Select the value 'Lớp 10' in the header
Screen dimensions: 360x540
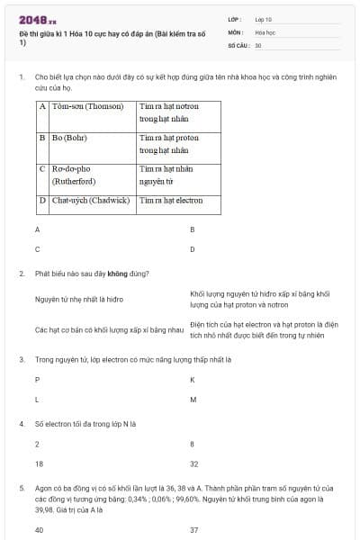click(x=264, y=18)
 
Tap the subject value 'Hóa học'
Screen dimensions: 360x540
click(x=265, y=31)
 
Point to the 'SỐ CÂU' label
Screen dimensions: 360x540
click(x=238, y=45)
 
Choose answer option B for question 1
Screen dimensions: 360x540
click(x=193, y=229)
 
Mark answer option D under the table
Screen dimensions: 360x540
click(x=193, y=249)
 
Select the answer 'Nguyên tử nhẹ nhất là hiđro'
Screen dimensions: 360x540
click(x=79, y=299)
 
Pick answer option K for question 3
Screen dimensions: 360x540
click(x=193, y=379)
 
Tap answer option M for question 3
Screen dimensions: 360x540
click(x=193, y=399)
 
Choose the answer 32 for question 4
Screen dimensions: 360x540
click(x=194, y=463)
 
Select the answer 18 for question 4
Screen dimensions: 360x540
click(x=39, y=463)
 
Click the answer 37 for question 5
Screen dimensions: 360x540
click(x=194, y=529)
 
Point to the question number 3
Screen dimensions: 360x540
click(x=21, y=359)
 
